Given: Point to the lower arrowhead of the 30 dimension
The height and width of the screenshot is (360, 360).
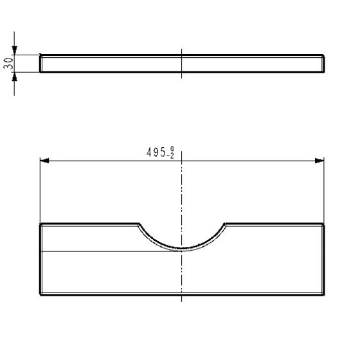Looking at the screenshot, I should (x=17, y=75).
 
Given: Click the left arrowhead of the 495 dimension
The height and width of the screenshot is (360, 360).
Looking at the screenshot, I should (x=45, y=161).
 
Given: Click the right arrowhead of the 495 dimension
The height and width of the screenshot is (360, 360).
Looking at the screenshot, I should (x=319, y=161).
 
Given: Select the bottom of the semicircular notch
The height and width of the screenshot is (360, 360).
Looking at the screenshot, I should (x=182, y=249).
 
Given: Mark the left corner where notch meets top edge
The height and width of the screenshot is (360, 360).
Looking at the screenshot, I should (x=138, y=224).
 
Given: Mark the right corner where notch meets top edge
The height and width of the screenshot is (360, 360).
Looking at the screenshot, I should (x=226, y=224).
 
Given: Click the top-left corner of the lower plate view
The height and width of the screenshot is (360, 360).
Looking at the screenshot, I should (x=41, y=224).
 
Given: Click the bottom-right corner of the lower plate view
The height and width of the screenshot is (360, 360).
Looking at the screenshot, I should (x=323, y=294).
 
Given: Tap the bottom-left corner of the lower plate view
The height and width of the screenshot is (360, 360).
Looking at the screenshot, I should (x=41, y=294).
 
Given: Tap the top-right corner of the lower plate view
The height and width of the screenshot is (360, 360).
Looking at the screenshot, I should (x=323, y=224).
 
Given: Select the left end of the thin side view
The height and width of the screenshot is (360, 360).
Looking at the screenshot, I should (x=40, y=64).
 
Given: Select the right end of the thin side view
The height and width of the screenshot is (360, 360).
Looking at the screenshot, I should (x=323, y=64).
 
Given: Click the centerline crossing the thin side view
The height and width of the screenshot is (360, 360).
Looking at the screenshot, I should (x=182, y=64).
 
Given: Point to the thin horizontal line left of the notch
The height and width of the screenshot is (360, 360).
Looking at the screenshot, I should (x=96, y=250).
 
